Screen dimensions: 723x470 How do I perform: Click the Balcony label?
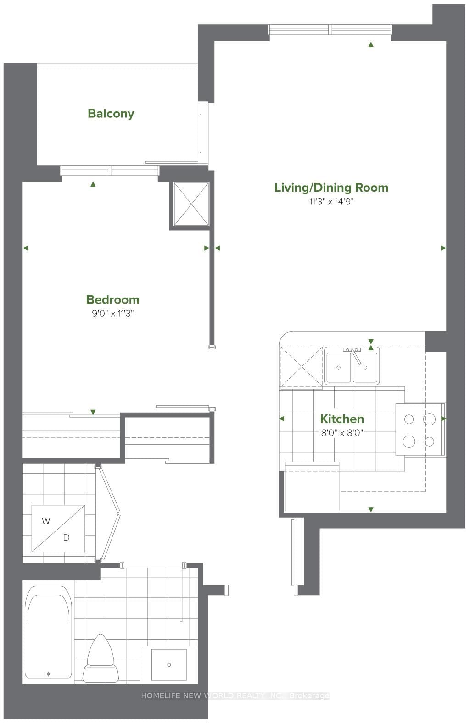(x=111, y=114)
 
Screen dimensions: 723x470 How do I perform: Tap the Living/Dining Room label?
(x=331, y=188)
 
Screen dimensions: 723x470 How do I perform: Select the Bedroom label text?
(x=112, y=300)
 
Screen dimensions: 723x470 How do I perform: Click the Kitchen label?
(x=342, y=419)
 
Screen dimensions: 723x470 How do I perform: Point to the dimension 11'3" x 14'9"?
(x=331, y=201)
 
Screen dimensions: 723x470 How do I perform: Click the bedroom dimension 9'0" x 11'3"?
(x=112, y=314)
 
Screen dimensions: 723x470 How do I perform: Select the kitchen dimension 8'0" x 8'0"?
(x=342, y=432)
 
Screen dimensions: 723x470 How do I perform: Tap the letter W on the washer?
(x=46, y=521)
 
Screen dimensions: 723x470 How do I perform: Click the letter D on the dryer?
(x=66, y=538)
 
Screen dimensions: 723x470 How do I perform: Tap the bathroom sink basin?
(x=169, y=665)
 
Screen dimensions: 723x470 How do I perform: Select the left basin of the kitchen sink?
(x=339, y=368)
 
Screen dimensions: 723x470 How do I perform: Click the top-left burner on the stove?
(x=408, y=419)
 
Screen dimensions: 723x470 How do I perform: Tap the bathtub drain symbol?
(x=48, y=673)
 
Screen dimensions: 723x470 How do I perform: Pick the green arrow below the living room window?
(x=371, y=44)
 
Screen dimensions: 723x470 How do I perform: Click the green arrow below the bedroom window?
(x=93, y=184)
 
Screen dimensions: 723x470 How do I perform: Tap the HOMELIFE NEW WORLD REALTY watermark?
(x=235, y=696)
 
